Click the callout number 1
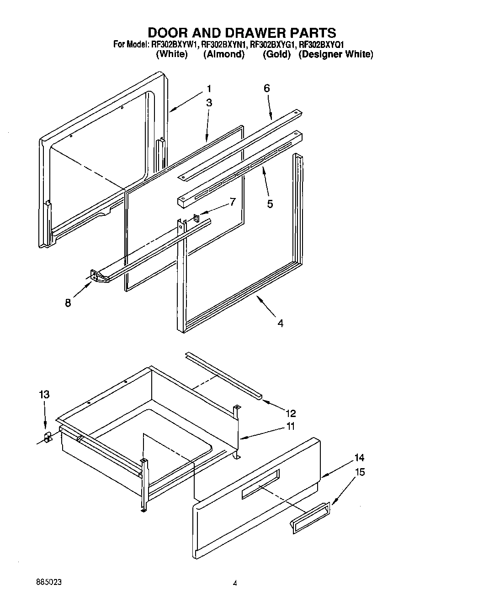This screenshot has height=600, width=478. coord(209,89)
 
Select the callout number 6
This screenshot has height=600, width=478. coord(267,89)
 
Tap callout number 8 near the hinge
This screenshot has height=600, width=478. coord(68,303)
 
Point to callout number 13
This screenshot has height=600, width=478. coord(44,395)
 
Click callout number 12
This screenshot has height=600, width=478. coord(291,413)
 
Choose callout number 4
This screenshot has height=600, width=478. coord(280,323)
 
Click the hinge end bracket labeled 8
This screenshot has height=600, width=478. coord(96,276)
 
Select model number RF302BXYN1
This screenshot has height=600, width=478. coord(224,44)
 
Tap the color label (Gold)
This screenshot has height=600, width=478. coord(276,54)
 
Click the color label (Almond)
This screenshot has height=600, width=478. coord(223,54)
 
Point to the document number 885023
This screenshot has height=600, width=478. coord(48,583)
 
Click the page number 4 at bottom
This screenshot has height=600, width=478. coord(235,583)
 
